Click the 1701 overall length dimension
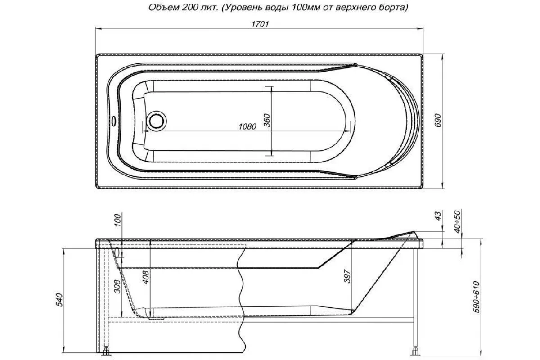point(260,24)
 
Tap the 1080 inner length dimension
point(247,126)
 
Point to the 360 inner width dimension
point(266,121)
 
